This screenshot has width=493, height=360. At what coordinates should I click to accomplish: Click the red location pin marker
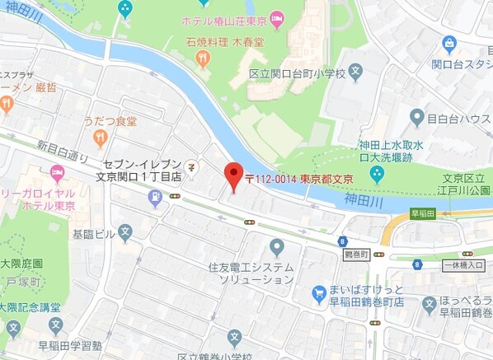(233, 175)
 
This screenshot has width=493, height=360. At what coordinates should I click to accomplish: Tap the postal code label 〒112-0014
(271, 178)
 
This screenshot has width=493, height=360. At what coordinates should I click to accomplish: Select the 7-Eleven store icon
(191, 165)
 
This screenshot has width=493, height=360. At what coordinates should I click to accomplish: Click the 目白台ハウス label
(459, 119)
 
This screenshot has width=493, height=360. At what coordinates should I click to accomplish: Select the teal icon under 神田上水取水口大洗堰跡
(377, 174)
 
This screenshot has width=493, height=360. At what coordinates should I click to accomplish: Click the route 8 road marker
(341, 241)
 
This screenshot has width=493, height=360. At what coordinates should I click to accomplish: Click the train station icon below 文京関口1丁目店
(155, 197)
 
